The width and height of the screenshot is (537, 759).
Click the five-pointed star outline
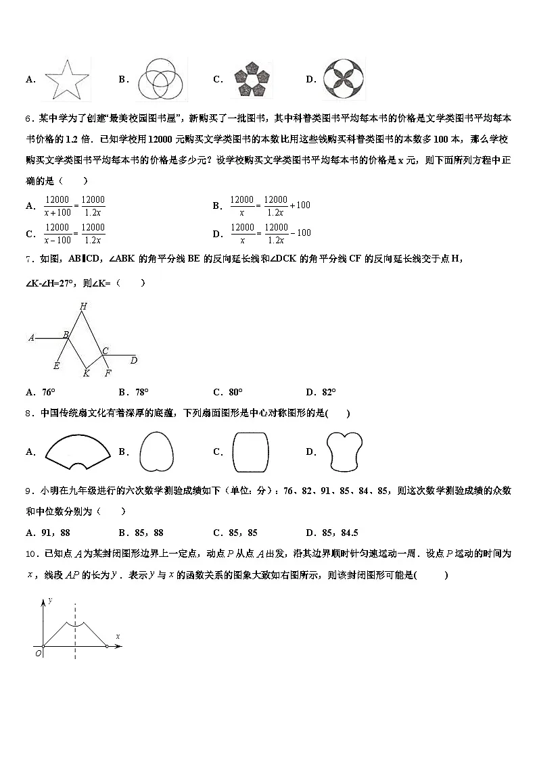[x=67, y=79]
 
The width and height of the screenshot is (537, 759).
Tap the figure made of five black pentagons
[x=252, y=80]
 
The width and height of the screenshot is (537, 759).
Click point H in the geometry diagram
[x=83, y=306]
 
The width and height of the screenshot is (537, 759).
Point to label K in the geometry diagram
[x=86, y=373]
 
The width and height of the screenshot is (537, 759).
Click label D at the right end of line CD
[x=134, y=360]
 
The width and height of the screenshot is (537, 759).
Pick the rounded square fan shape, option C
[x=251, y=451]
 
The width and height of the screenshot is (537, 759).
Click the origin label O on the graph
[x=38, y=654]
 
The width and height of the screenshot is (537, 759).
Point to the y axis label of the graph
[x=50, y=599]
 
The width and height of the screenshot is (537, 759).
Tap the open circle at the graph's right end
[x=108, y=647]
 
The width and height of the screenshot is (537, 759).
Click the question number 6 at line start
[x=28, y=119]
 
